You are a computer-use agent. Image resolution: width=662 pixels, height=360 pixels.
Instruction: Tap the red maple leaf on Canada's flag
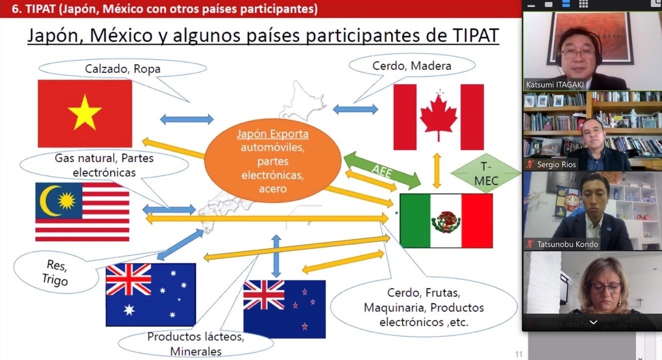click(x=439, y=117)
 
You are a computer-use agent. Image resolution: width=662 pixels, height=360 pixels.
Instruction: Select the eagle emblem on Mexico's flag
click(x=446, y=221)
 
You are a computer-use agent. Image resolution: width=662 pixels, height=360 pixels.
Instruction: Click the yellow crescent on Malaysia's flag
click(x=49, y=200)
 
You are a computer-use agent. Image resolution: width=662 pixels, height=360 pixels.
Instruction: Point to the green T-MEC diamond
click(x=486, y=173)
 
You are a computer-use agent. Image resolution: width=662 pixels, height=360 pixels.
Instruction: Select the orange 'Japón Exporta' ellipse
click(x=272, y=161)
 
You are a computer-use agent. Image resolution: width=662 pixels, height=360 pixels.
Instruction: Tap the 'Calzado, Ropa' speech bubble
click(x=123, y=68)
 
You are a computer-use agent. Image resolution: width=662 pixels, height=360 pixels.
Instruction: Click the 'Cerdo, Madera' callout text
click(x=412, y=66)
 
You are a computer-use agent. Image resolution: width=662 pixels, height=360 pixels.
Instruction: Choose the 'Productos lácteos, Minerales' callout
click(x=196, y=344)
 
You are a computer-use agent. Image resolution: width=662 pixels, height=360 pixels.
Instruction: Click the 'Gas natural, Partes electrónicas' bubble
click(x=104, y=166)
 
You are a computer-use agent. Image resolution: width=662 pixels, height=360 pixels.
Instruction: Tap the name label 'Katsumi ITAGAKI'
click(x=555, y=85)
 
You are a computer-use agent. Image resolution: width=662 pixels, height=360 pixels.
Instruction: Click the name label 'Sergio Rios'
click(x=556, y=165)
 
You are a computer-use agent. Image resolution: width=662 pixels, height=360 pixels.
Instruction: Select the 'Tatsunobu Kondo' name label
click(x=567, y=244)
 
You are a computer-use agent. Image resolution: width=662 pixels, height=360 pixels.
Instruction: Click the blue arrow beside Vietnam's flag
click(x=187, y=119)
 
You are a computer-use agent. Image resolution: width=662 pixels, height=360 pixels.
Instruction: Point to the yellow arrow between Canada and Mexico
click(x=437, y=171)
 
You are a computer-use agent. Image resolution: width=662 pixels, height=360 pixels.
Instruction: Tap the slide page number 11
click(x=519, y=354)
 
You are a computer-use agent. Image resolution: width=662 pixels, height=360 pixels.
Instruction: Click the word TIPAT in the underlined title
click(x=475, y=35)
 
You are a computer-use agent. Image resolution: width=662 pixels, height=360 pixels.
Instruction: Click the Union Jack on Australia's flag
click(x=129, y=280)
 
